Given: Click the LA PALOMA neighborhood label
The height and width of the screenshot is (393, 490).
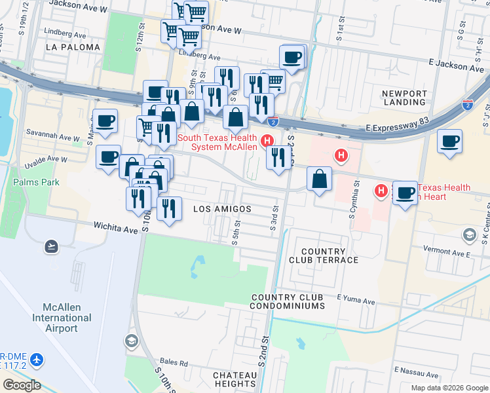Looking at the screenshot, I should click(x=73, y=47).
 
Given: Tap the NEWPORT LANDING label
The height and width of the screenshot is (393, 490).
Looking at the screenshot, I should click(x=404, y=98).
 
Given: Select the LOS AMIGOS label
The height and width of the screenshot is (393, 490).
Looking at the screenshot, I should click(x=223, y=208).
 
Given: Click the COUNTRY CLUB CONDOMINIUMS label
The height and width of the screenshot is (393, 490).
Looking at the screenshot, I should click(x=288, y=302).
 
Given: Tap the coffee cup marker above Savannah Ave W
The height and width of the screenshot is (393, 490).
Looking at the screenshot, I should click(x=105, y=121).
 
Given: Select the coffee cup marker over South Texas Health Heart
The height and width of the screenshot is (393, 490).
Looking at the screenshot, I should click(x=405, y=193).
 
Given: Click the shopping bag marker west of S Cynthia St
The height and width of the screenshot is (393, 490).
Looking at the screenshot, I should click(x=318, y=179).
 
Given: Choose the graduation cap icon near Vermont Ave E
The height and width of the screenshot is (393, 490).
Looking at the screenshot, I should click(x=469, y=234).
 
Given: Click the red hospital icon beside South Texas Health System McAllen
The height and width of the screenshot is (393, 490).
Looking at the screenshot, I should click(x=267, y=141).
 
